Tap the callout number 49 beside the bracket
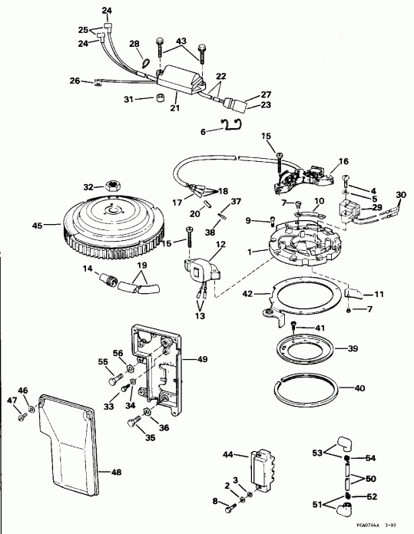click(x=202, y=359)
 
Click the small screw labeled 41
click(x=297, y=331)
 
